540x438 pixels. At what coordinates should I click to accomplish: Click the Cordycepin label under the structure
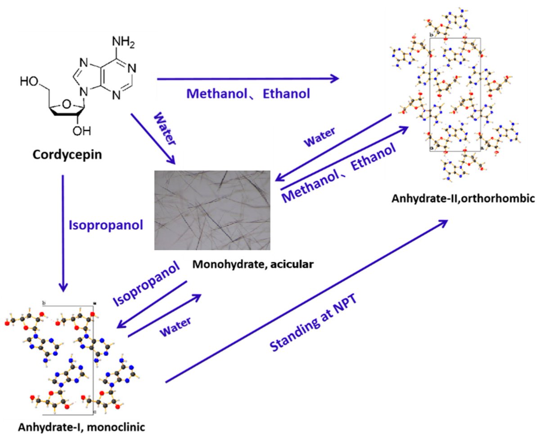click(67, 155)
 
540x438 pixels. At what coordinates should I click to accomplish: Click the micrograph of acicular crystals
click(212, 210)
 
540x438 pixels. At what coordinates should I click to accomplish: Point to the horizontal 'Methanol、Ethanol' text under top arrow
click(248, 94)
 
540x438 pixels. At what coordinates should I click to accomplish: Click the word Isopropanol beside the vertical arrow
click(106, 224)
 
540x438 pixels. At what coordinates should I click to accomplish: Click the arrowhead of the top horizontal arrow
click(335, 79)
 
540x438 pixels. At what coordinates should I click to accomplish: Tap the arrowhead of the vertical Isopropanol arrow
click(63, 287)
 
